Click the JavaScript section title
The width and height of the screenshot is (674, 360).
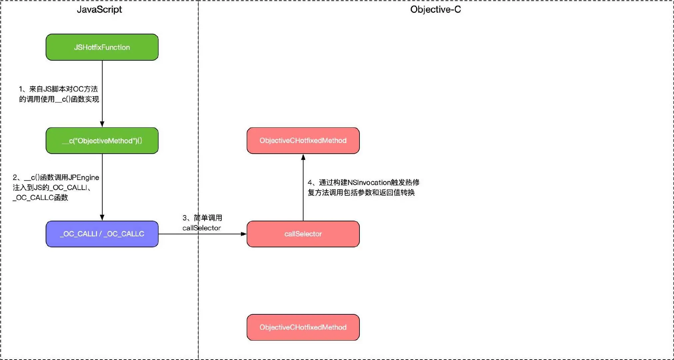tap(99, 9)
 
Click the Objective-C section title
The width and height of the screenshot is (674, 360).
tap(435, 9)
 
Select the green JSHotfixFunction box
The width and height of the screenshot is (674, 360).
tap(102, 47)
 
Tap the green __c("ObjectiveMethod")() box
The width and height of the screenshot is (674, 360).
tap(102, 141)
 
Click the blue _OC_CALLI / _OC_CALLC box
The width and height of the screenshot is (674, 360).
tap(102, 234)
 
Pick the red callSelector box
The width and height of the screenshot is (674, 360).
tap(303, 234)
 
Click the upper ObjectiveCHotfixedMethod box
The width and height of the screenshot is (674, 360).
tap(303, 141)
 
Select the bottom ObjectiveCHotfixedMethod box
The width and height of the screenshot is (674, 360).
tap(303, 327)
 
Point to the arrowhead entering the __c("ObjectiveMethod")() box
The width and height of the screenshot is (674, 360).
tap(102, 124)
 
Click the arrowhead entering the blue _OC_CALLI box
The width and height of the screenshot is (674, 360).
tap(102, 217)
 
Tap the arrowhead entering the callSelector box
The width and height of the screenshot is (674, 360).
tap(244, 234)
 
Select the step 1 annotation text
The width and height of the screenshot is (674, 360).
tap(59, 94)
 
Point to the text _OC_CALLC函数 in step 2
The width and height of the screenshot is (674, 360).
tap(41, 198)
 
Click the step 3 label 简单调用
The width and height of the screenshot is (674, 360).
tap(208, 218)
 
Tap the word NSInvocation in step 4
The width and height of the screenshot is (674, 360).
tap(369, 182)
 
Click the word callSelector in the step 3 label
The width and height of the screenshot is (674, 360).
tap(202, 228)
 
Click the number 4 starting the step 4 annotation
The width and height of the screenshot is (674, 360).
tap(310, 182)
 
